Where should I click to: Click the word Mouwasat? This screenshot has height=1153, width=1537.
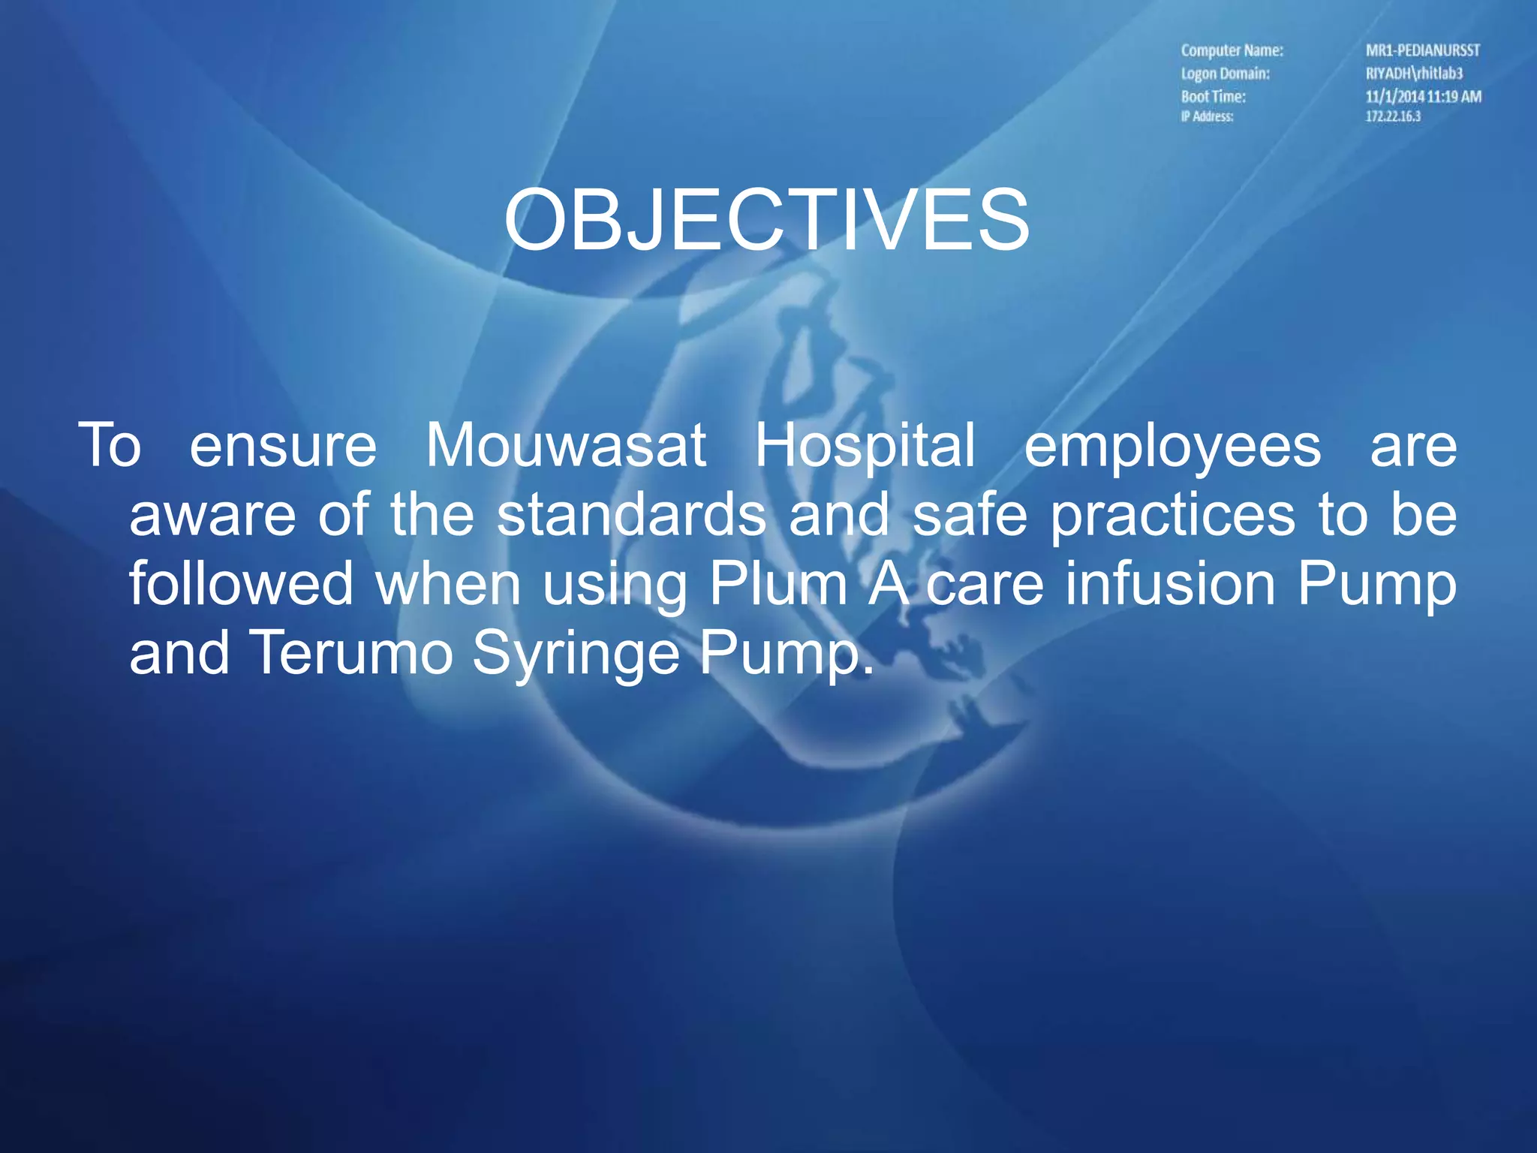tap(566, 445)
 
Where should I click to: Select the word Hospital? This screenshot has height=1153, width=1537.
tap(865, 445)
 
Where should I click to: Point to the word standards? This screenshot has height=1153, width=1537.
tap(632, 515)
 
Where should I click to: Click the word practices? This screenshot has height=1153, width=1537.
tap(1172, 516)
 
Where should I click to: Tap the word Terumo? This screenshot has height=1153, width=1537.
tap(350, 652)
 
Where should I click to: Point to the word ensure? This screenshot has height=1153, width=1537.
tap(283, 446)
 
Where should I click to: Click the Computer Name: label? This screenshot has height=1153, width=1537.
tap(1232, 50)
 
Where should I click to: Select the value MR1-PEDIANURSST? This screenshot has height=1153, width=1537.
tap(1422, 50)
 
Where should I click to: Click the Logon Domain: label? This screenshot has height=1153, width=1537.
tap(1225, 74)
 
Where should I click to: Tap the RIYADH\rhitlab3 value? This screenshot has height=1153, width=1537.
tap(1414, 74)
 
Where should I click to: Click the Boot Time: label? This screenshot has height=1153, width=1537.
tap(1213, 96)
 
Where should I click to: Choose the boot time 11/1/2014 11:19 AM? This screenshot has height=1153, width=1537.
tap(1423, 96)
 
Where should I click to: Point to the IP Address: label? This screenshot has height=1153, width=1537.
tap(1207, 116)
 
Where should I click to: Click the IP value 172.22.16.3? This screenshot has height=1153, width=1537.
tap(1393, 116)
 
